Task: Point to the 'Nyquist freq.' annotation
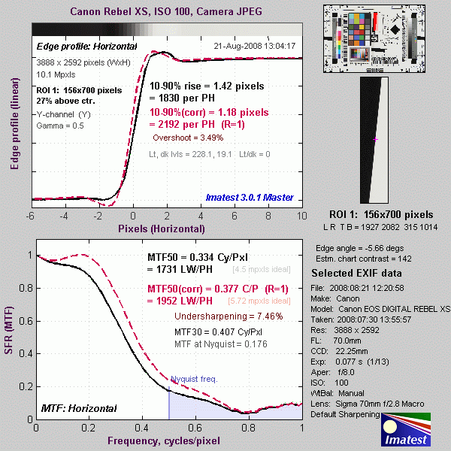click(194, 379)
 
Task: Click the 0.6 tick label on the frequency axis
click(195, 428)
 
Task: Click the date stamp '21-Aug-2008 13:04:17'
click(255, 46)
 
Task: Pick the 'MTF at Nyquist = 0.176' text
click(217, 344)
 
